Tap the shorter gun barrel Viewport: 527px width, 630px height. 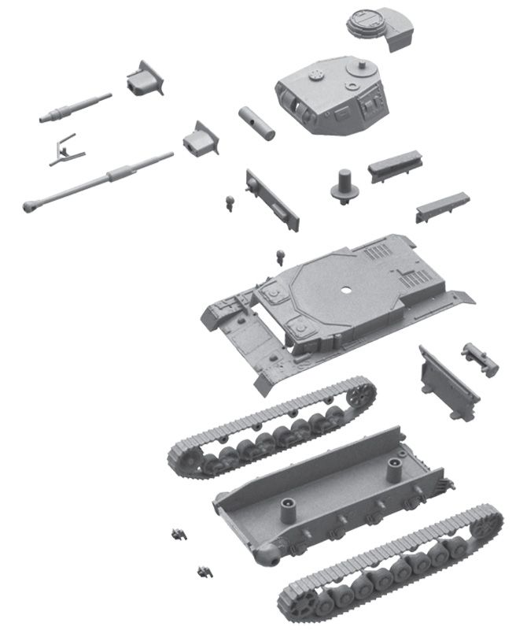coord(75,108)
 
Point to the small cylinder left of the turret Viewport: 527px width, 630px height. coord(258,123)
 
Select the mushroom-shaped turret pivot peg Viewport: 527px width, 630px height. coord(344,186)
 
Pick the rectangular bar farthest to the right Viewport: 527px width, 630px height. coord(442,207)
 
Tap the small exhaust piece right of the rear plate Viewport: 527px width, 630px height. coord(480,358)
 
